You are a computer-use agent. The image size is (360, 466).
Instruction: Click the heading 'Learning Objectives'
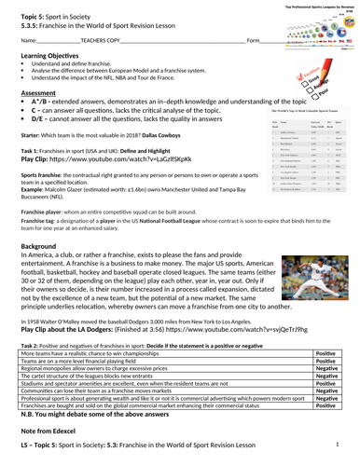tap(46, 84)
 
